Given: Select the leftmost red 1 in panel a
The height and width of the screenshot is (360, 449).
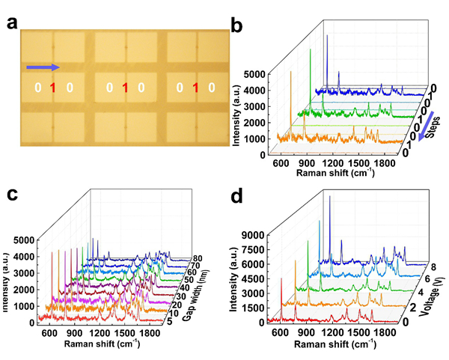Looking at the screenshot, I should coord(52,88).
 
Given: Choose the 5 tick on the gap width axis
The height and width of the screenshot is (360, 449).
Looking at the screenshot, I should coord(173,323).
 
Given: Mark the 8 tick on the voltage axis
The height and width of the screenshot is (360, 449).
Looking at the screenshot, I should coord(424,264).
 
